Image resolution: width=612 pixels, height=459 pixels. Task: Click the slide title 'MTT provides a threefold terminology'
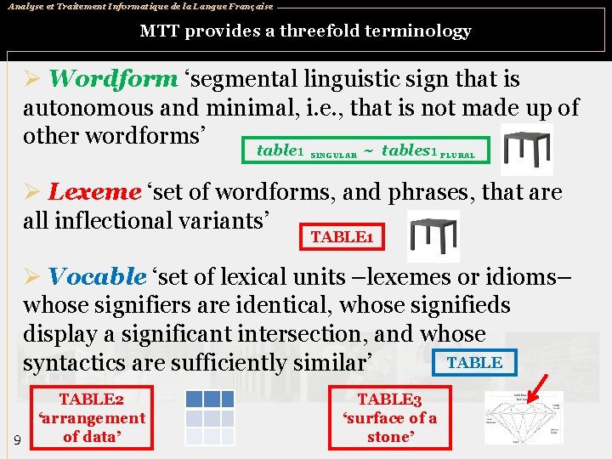(x=305, y=31)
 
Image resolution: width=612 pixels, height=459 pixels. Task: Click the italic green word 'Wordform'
(x=113, y=79)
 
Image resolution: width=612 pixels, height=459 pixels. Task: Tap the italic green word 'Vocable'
(x=98, y=276)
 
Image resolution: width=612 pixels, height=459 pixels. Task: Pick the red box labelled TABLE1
(x=342, y=235)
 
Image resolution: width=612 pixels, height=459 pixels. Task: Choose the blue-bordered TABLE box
(x=474, y=362)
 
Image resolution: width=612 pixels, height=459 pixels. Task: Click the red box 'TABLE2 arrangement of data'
(x=91, y=417)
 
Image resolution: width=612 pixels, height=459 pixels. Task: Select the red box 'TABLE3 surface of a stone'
(x=389, y=417)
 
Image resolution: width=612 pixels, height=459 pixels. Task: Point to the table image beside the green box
(x=527, y=149)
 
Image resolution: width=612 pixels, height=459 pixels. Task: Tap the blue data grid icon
(x=209, y=416)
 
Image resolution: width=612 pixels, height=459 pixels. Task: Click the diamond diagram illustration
(x=523, y=418)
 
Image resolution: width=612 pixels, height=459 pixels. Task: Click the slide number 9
(x=18, y=439)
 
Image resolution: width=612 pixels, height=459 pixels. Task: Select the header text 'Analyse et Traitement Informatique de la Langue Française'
(x=140, y=6)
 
